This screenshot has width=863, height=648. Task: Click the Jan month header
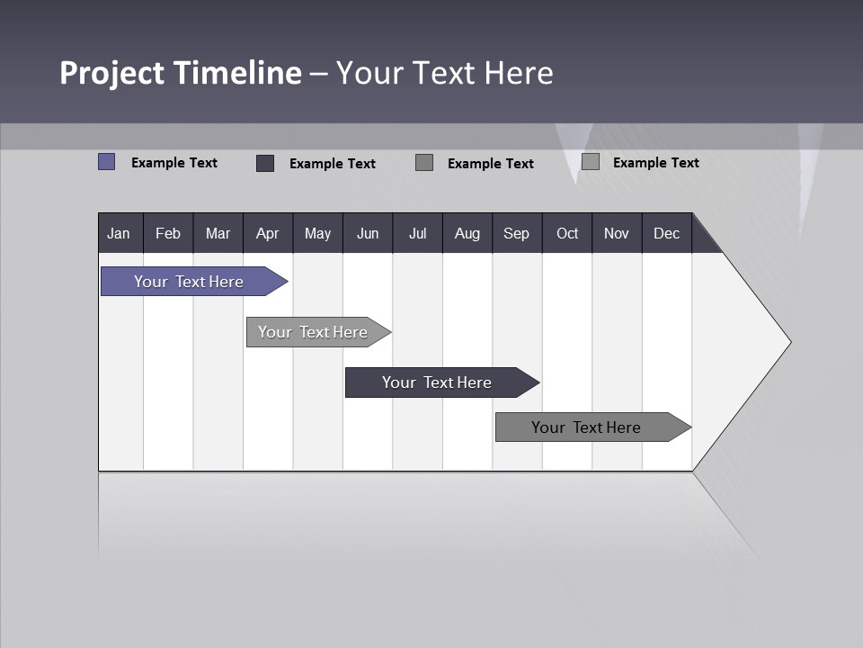(x=120, y=233)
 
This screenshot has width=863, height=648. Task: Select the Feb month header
(x=168, y=233)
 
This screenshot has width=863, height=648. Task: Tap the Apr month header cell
(x=268, y=233)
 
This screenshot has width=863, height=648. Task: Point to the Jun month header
(x=368, y=233)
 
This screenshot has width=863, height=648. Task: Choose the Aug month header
(x=467, y=233)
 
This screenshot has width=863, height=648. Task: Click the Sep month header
(x=517, y=233)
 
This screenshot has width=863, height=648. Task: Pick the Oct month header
(x=567, y=233)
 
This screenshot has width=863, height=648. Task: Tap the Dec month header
(x=667, y=233)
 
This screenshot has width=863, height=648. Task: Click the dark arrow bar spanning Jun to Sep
(x=438, y=382)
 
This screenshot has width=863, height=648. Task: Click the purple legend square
(x=107, y=162)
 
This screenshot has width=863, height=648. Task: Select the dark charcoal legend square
(x=265, y=163)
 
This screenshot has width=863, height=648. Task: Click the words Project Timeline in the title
(x=180, y=73)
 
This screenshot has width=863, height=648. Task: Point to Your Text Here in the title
(x=445, y=73)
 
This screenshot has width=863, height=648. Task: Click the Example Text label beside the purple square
(x=174, y=163)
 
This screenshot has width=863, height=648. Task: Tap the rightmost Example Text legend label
(x=656, y=163)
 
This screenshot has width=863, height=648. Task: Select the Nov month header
(x=617, y=233)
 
